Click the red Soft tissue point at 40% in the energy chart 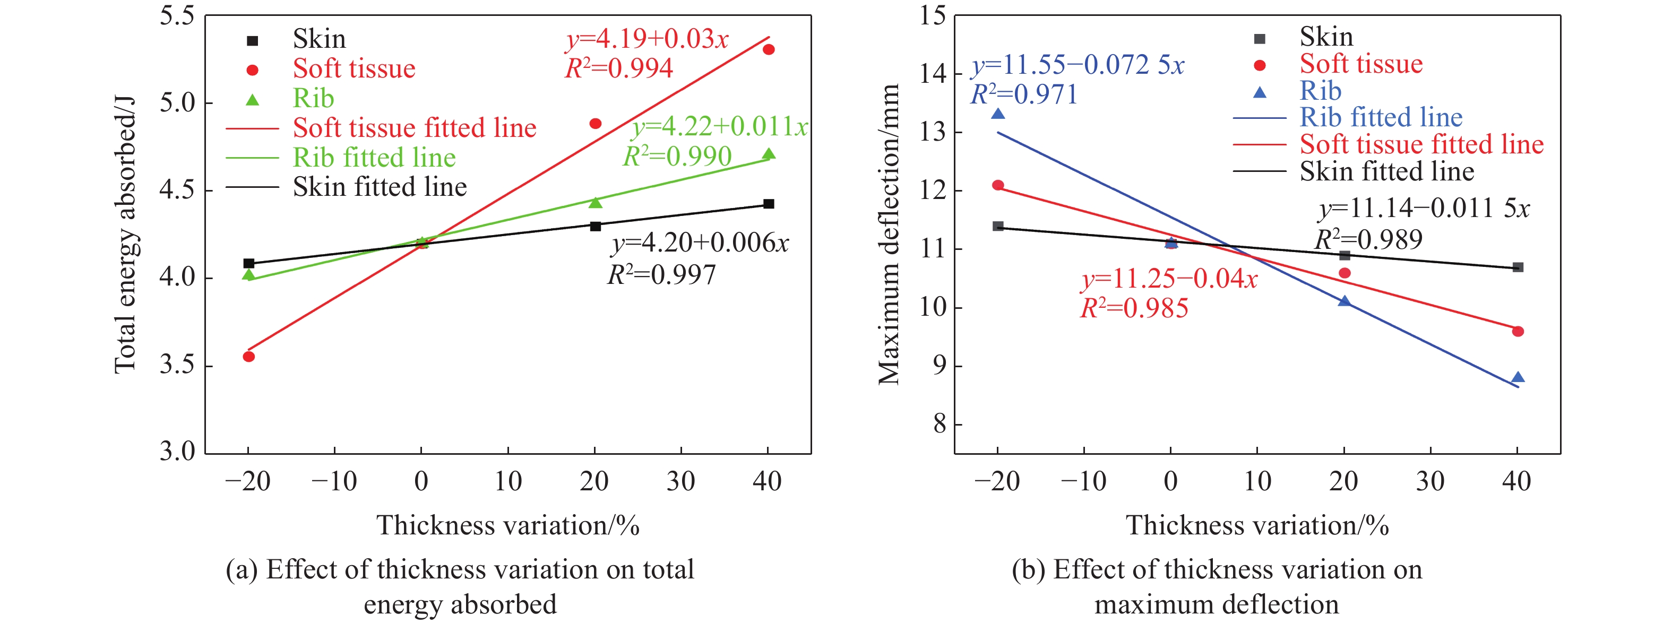[769, 49]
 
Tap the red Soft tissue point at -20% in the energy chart [248, 356]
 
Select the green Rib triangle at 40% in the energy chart [769, 154]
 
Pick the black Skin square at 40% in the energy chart [769, 204]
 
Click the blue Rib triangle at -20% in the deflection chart [998, 115]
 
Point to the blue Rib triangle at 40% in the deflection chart [1518, 378]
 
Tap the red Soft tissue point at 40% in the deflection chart [1518, 332]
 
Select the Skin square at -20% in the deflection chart [998, 227]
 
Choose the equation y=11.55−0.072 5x [1078, 65]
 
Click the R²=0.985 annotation [1134, 308]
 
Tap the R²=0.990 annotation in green [677, 157]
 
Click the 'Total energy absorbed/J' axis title [125, 234]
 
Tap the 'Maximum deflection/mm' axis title [889, 234]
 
